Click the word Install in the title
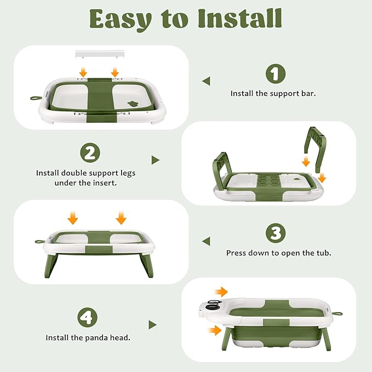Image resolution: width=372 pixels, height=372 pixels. pyautogui.click(x=239, y=19)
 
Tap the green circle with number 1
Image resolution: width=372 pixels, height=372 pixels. pyautogui.click(x=276, y=73)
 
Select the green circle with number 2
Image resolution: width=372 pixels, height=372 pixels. pyautogui.click(x=90, y=152)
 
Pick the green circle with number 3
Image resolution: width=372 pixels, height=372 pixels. pyautogui.click(x=276, y=233)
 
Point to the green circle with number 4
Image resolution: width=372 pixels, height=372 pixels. pyautogui.click(x=87, y=317)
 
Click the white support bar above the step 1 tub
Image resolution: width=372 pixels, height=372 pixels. pyautogui.click(x=100, y=54)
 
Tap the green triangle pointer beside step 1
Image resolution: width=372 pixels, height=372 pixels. pyautogui.click(x=206, y=81)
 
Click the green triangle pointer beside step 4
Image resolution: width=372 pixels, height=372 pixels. pyautogui.click(x=152, y=325)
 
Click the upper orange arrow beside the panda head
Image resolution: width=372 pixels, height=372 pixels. pyautogui.click(x=221, y=292)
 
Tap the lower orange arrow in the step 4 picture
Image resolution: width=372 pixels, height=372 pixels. pyautogui.click(x=215, y=330)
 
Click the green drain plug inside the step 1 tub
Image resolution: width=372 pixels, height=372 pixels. pyautogui.click(x=133, y=104)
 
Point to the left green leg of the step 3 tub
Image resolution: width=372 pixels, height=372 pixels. pyautogui.click(x=50, y=265)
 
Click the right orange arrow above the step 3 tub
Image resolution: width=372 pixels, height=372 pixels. pyautogui.click(x=121, y=218)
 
